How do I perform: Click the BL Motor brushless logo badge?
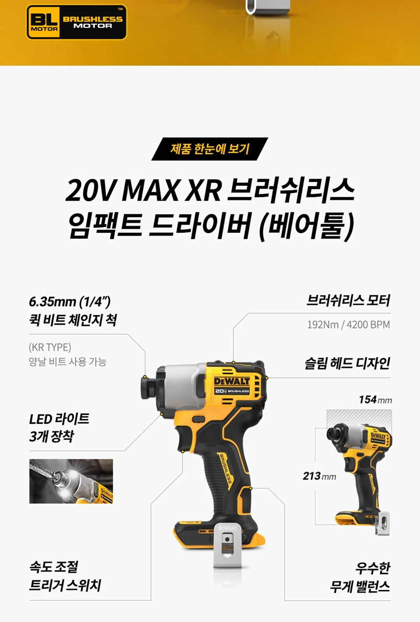click(76, 22)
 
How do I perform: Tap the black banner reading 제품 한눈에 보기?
click(210, 149)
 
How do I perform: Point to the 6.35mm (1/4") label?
click(70, 302)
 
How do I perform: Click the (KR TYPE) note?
click(50, 347)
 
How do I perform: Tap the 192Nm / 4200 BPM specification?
click(348, 325)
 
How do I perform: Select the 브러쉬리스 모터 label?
click(348, 301)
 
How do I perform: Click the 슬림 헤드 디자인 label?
click(347, 363)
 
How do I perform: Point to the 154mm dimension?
click(375, 400)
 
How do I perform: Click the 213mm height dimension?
click(319, 476)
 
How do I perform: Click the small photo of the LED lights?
click(71, 481)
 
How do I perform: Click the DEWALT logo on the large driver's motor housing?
click(232, 381)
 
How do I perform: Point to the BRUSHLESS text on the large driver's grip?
click(226, 468)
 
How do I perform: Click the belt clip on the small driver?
click(382, 524)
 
